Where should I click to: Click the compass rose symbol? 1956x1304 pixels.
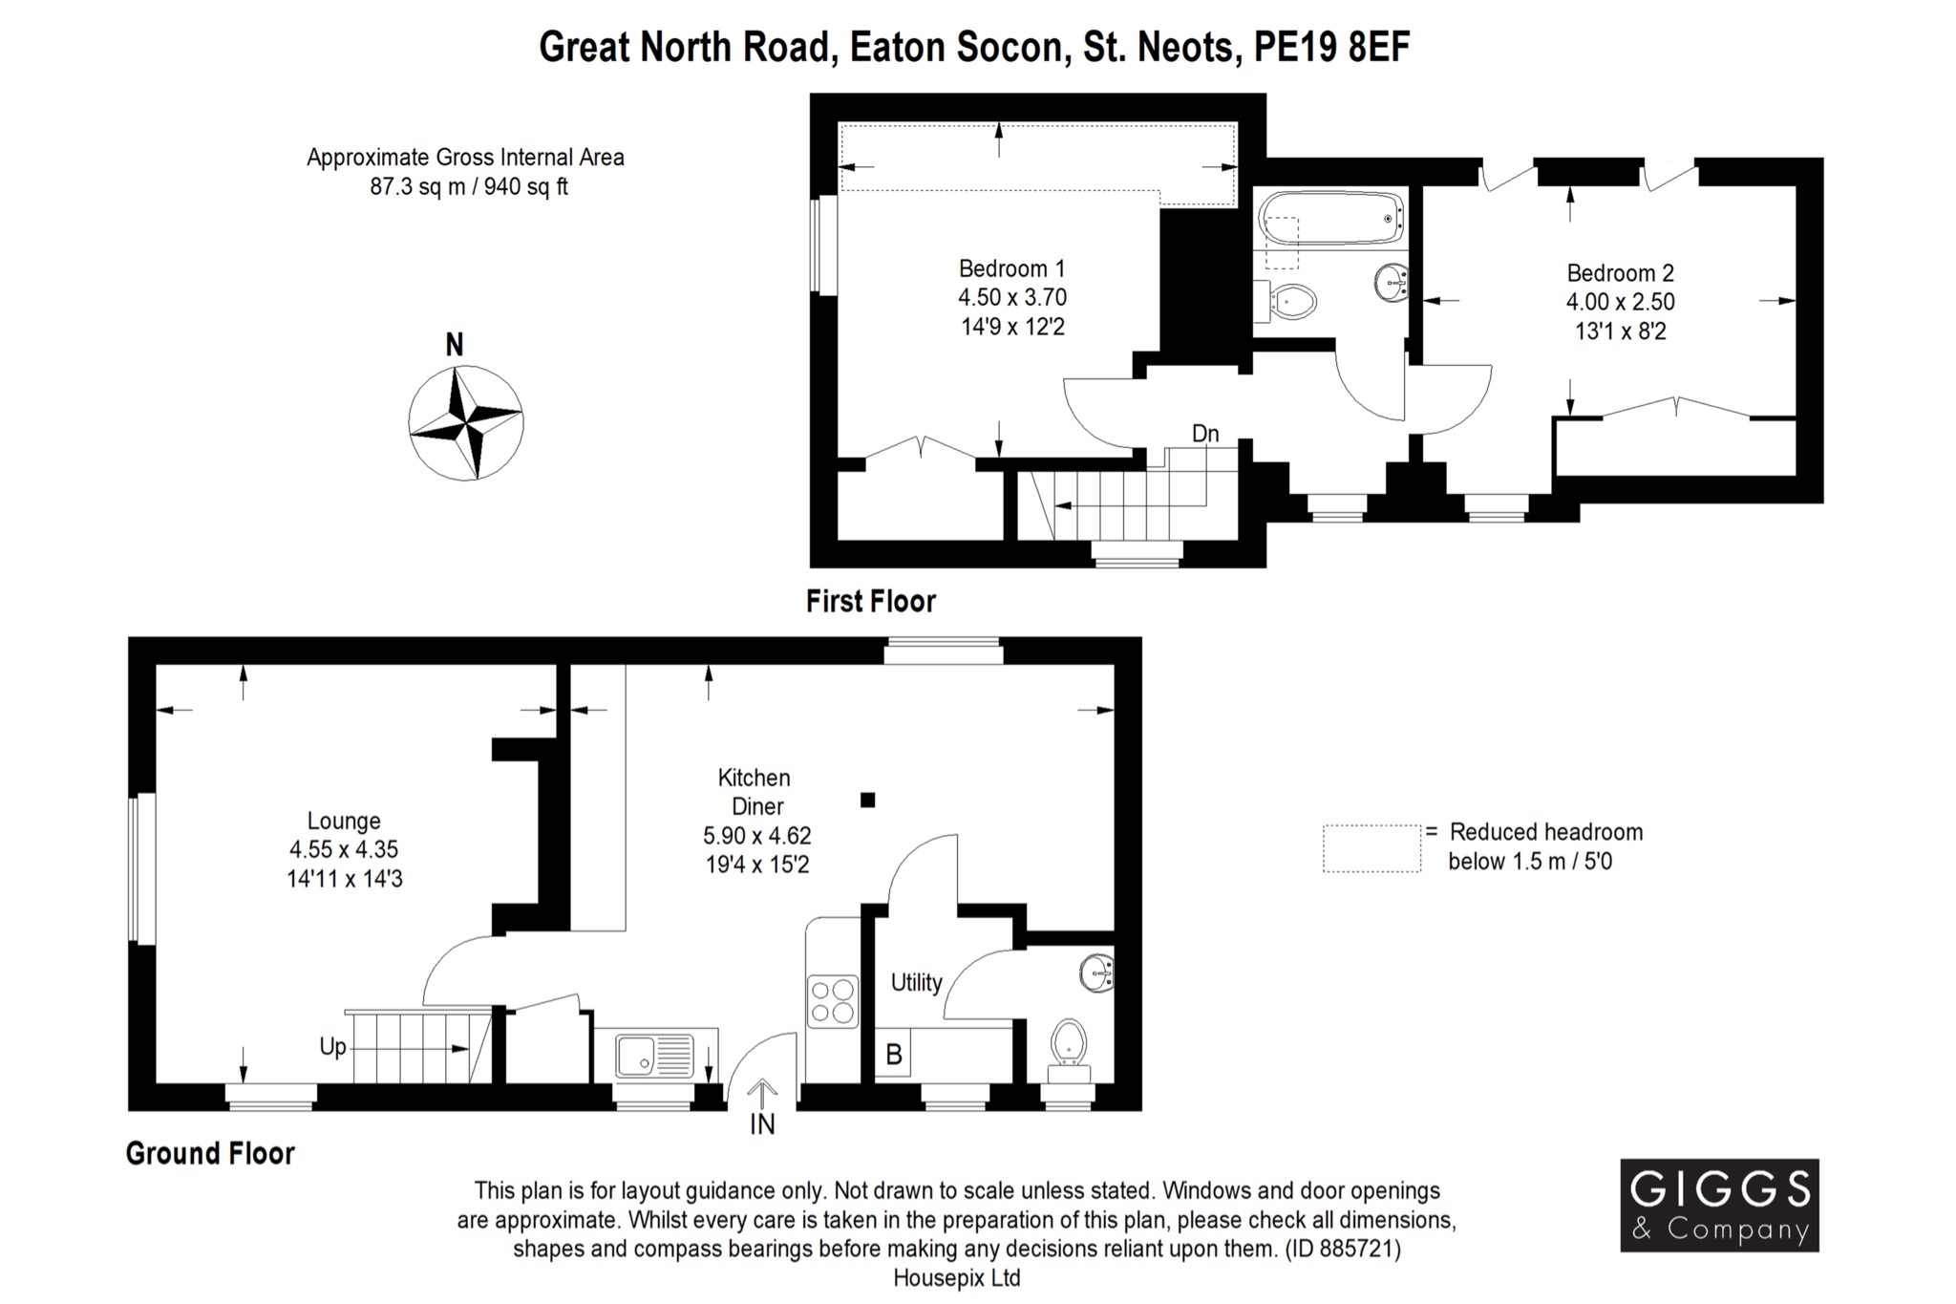465,422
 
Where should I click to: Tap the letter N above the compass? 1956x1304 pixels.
455,345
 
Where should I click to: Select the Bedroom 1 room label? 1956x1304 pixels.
1011,268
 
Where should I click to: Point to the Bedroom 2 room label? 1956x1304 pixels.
1620,273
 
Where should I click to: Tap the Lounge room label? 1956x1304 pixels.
344,821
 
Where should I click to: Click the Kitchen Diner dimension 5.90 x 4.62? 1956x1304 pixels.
756,836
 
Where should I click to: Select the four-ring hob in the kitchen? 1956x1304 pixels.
832,1000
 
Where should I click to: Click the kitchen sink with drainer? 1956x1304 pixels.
655,1056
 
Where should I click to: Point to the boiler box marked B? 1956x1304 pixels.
894,1055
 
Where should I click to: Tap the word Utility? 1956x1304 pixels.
916,982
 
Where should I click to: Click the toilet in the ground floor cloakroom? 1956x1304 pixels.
1069,1041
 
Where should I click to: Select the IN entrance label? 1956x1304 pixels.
762,1125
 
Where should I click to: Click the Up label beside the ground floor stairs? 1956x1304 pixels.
332,1047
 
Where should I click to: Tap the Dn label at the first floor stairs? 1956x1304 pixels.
1205,434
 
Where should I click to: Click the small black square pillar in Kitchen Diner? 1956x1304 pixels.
867,801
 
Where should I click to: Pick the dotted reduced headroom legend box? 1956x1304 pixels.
1371,848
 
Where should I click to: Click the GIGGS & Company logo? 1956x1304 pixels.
1719,1205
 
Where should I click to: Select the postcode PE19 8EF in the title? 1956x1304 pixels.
1331,47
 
